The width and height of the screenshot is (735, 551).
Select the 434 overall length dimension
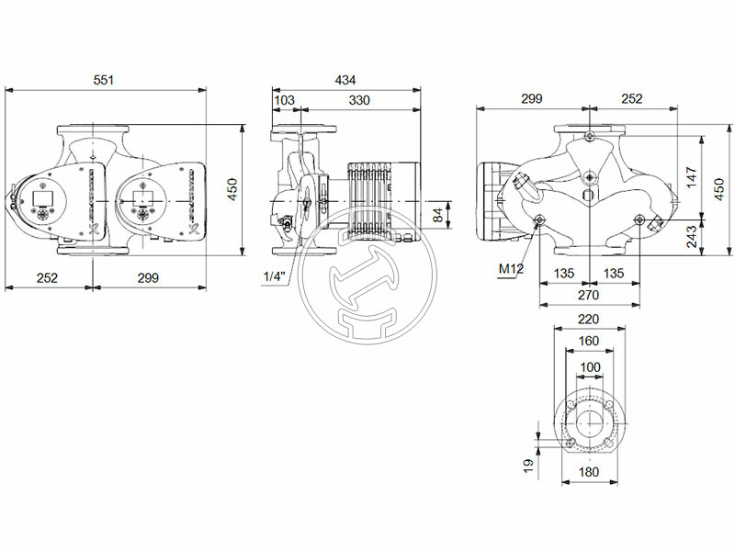[345, 80]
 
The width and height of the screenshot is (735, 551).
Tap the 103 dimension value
[285, 99]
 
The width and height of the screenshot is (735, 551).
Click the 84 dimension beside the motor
[438, 215]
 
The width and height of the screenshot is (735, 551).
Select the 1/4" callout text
[273, 276]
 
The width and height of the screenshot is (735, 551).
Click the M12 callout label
[510, 269]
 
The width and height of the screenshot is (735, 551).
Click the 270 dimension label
[588, 296]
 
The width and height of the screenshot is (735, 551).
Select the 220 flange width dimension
[588, 320]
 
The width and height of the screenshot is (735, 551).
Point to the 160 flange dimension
[588, 342]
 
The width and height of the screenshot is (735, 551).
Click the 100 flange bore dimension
[588, 366]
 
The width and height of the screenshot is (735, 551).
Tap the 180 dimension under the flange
[588, 472]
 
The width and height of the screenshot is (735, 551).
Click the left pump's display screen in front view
[44, 196]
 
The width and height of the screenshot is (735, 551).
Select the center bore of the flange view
[588, 422]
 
